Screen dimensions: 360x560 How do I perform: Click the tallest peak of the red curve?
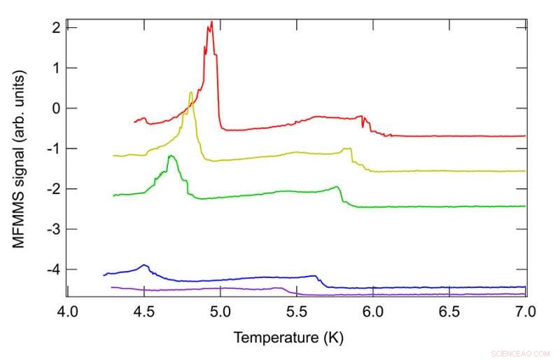(211, 22)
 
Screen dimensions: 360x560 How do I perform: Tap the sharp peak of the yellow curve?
(190, 92)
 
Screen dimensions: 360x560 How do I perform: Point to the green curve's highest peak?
(171, 157)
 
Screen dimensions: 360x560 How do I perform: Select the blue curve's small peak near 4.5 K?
(144, 265)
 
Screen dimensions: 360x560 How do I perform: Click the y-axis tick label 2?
(55, 27)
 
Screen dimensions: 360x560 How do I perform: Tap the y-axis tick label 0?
(55, 108)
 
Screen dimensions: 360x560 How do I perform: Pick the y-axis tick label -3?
(52, 229)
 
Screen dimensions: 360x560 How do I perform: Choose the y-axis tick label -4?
(52, 270)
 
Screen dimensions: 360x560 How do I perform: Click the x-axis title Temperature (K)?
(288, 338)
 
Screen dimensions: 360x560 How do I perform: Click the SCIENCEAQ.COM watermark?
(521, 354)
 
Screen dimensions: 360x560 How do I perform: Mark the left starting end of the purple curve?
(112, 287)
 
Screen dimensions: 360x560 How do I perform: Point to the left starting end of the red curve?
(134, 122)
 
